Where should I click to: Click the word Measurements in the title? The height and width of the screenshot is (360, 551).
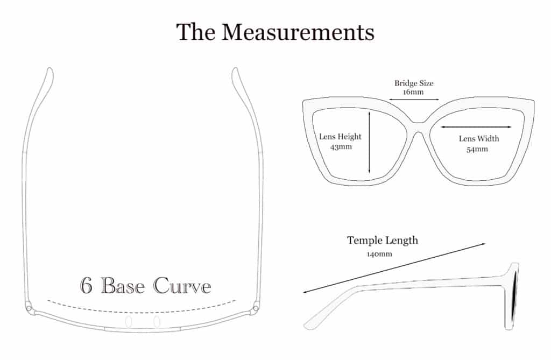[x=298, y=32]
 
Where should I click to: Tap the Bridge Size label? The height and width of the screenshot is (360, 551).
[x=414, y=83]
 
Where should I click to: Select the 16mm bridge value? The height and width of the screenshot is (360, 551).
[x=413, y=92]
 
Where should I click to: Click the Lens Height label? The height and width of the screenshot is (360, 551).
[x=340, y=137]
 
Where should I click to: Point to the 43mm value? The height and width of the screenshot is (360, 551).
[x=341, y=146]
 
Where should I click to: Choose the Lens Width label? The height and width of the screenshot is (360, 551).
[x=479, y=138]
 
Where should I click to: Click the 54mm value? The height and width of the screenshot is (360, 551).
[x=477, y=149]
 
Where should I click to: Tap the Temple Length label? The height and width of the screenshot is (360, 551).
[x=383, y=241]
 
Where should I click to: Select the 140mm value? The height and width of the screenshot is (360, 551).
[x=379, y=254]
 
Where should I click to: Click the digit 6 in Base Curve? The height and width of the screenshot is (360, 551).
[x=86, y=285]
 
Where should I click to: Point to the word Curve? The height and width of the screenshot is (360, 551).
[x=182, y=285]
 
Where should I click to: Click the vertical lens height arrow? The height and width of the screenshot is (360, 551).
[x=369, y=142]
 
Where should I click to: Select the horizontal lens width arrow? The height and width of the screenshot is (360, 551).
[x=476, y=127]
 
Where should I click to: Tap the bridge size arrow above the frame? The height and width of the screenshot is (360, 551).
[x=414, y=100]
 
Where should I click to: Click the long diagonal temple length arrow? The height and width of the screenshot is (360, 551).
[x=394, y=268]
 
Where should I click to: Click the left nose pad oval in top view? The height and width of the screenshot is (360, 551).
[x=129, y=321]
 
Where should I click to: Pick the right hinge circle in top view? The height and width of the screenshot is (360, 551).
[x=256, y=308]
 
